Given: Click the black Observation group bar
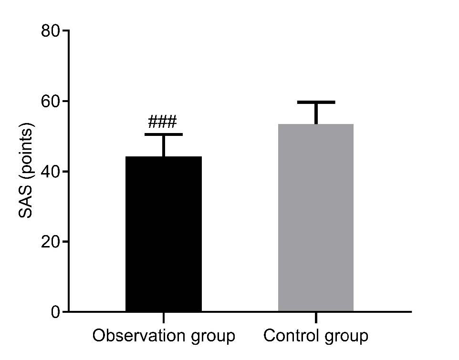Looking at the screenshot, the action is (x=164, y=234).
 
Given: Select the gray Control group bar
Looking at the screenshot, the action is (x=316, y=217).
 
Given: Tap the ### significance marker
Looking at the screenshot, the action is (x=162, y=122).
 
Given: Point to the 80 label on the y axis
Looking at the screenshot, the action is (x=51, y=31).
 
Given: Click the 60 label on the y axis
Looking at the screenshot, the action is (x=51, y=101).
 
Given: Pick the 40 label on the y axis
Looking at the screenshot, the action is (x=51, y=171).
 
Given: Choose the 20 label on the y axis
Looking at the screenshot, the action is (x=51, y=242).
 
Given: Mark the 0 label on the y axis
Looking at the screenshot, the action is (x=55, y=312).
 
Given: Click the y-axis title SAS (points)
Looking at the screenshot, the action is (x=26, y=171).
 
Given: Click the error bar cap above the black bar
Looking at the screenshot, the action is (x=164, y=134).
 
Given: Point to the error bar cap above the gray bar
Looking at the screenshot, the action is (x=316, y=102).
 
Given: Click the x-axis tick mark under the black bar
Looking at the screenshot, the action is (x=164, y=318).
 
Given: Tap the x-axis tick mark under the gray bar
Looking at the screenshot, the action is (x=316, y=318).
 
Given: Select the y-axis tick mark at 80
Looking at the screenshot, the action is (x=65, y=31).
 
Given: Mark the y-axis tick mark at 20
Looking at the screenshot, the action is (x=65, y=242).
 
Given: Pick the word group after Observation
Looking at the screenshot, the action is (x=213, y=337).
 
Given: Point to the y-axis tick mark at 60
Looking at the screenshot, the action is (x=65, y=101).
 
